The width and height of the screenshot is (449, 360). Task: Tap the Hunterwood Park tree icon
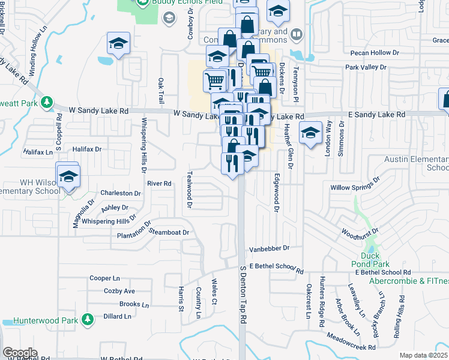coord(88,320)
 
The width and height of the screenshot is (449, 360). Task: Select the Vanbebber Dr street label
coord(270,248)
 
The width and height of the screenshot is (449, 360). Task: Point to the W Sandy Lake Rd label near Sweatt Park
coord(99,111)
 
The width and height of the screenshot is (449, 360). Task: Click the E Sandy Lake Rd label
coord(377,114)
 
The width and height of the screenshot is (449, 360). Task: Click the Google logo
coord(20,352)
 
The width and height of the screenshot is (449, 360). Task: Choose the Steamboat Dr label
coord(169,232)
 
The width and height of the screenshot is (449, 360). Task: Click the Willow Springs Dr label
coord(355,184)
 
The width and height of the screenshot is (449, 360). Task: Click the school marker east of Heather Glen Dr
coord(310,134)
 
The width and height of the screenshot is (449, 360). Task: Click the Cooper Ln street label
coord(104,278)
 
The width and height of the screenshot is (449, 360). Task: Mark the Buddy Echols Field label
coord(180,3)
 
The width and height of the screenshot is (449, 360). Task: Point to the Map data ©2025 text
coord(423,355)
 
